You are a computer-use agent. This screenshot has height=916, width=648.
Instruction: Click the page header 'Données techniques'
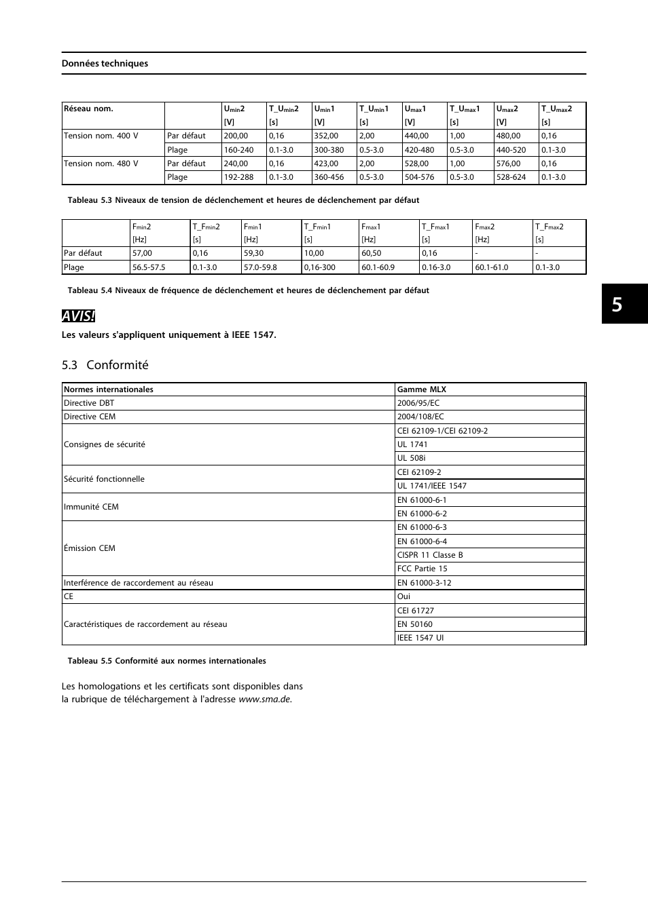click(105, 63)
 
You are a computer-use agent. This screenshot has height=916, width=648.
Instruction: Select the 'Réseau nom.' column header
click(88, 109)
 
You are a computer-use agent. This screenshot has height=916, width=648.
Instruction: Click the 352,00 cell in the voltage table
click(326, 136)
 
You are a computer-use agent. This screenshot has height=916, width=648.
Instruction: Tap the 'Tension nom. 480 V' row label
click(101, 164)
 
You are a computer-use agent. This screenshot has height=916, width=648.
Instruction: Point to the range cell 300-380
click(329, 150)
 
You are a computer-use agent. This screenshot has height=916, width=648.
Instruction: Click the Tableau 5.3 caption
click(243, 200)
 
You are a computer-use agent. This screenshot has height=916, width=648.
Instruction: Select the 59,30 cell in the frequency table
click(254, 253)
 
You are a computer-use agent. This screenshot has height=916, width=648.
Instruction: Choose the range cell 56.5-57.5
click(149, 267)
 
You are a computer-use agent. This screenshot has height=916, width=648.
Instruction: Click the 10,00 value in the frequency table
click(314, 253)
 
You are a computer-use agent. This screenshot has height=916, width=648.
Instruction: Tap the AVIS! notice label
click(78, 316)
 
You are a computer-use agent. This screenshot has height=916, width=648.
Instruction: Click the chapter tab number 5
click(616, 305)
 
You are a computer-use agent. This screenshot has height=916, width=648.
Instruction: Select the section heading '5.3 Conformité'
click(105, 365)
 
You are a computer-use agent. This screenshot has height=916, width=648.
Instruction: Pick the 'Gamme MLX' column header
click(422, 389)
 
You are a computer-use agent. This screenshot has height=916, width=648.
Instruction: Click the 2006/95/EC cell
click(418, 403)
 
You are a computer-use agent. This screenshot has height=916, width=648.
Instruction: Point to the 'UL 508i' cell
click(412, 458)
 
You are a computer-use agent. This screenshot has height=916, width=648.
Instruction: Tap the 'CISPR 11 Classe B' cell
click(430, 555)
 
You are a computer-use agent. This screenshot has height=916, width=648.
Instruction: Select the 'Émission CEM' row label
click(90, 548)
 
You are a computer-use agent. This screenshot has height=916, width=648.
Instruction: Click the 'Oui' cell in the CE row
click(403, 596)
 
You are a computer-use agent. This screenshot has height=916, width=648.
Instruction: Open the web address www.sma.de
click(264, 700)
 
